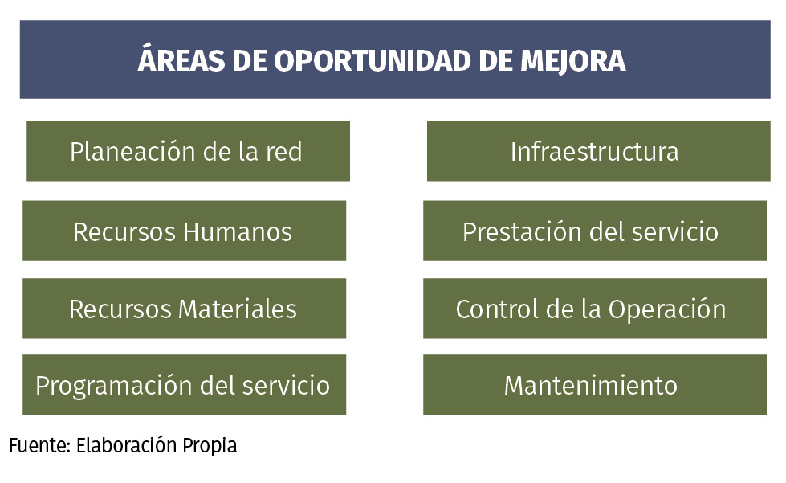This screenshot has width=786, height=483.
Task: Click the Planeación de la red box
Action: click(x=188, y=151)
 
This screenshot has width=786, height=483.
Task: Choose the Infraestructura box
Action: click(x=595, y=151)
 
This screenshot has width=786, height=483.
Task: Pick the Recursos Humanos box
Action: click(x=184, y=231)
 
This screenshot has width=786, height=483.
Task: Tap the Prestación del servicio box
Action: click(x=595, y=231)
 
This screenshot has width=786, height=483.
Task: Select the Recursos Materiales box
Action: click(x=184, y=309)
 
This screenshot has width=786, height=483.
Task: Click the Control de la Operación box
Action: click(x=595, y=309)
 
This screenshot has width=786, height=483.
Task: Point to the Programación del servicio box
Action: click(x=184, y=385)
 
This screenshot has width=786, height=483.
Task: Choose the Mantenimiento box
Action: click(x=595, y=385)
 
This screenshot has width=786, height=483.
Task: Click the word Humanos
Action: click(x=238, y=231)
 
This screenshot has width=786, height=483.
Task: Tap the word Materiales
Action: click(x=237, y=309)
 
